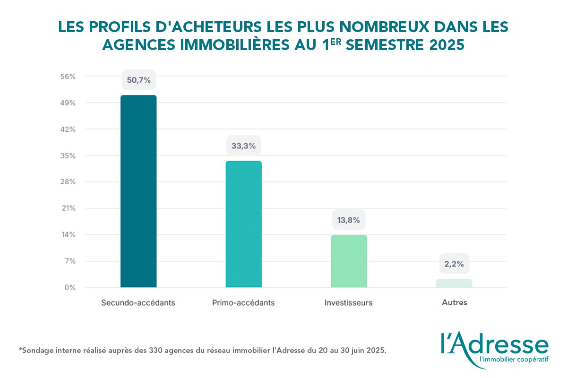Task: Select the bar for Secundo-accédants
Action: [x=138, y=191]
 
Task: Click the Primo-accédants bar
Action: [x=243, y=224]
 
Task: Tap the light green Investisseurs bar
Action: [x=349, y=261]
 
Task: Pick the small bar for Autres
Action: [x=454, y=283]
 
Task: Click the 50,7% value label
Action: [x=138, y=80]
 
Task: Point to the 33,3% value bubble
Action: [x=243, y=146]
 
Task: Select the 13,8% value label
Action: [x=349, y=220]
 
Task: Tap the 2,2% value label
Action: [x=454, y=264]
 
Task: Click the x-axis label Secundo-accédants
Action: [x=138, y=302]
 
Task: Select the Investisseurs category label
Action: [x=349, y=302]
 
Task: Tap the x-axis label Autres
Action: [x=454, y=302]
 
